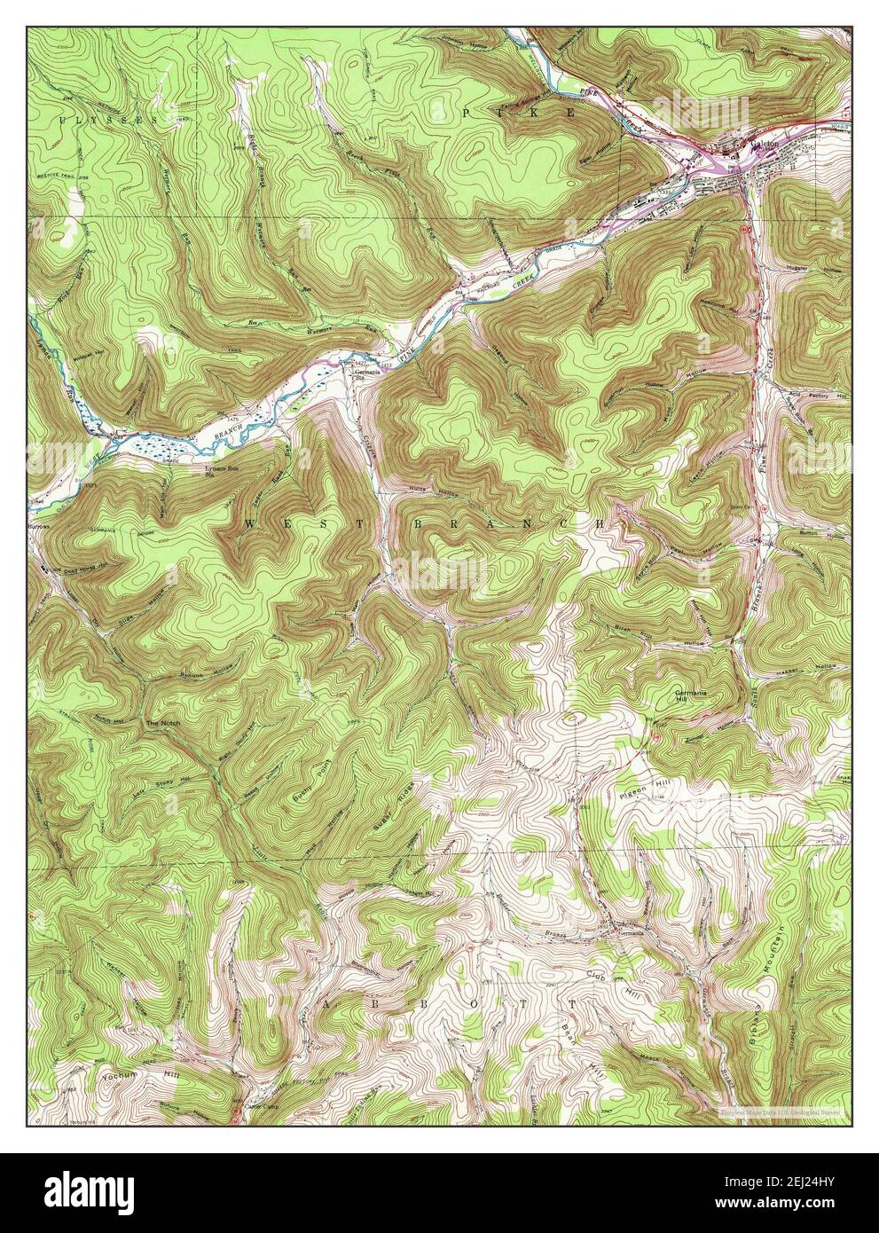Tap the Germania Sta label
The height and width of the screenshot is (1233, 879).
(357, 375)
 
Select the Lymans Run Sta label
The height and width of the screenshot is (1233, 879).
(222, 470)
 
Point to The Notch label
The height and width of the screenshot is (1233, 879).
(164, 723)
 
